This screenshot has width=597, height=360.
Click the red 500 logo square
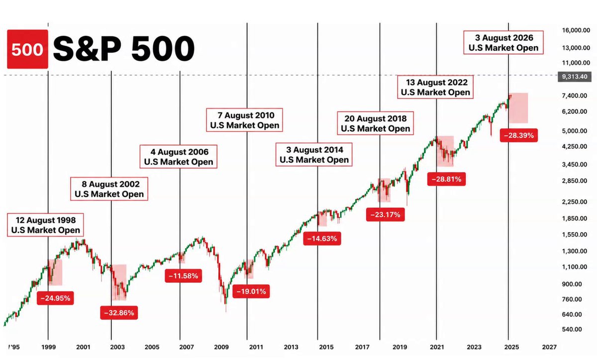coord(27,49)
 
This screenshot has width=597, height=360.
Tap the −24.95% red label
coord(55,298)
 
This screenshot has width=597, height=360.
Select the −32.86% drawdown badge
coord(119,313)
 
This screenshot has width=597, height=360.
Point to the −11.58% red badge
coord(184,276)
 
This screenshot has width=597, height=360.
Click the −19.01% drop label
coord(251,291)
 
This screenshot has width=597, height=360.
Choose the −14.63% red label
coord(322,238)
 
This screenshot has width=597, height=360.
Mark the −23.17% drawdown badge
coord(386,214)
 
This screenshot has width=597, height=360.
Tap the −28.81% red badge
coord(446,179)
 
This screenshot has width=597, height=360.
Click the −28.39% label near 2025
coord(518,135)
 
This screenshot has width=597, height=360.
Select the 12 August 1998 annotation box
coord(45,225)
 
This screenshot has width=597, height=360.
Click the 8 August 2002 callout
coord(109,189)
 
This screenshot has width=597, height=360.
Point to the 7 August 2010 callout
coord(244,120)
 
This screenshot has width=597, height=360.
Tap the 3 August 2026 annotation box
coord(503,43)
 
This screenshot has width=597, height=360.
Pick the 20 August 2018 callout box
coord(375,123)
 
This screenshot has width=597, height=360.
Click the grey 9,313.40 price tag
coord(575,77)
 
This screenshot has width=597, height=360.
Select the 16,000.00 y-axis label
coord(576,30)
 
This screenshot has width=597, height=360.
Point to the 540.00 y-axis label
coord(572,329)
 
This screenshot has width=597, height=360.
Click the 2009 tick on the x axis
coord(221,347)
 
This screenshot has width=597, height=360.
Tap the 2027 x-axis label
coord(549,347)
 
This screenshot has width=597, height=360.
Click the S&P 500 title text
coord(124,49)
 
